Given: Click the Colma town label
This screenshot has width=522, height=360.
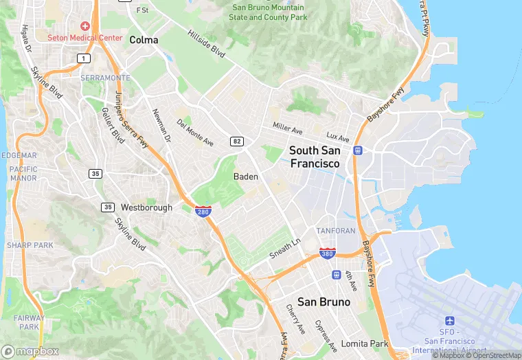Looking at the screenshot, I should pos(144,40).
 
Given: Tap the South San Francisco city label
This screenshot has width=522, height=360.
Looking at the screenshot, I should pos(315,157).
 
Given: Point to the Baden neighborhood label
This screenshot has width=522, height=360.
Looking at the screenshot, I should pos(246,177).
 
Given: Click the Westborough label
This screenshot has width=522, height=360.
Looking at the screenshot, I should pos(146,207).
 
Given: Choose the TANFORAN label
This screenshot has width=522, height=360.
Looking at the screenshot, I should pos(335,231).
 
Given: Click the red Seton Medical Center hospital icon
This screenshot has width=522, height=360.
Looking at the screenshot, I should pos(85,25).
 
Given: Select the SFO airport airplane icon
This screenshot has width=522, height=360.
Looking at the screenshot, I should pos(450,322).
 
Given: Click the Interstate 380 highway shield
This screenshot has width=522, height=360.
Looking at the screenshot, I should pos(328,254).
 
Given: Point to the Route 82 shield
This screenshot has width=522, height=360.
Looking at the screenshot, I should pos(236,141).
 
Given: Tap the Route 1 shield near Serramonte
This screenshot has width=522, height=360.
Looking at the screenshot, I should pos(83,59).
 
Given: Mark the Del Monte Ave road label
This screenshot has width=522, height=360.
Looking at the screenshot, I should pos(195,133).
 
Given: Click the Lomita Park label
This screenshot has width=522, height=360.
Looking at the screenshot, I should pos(365,344).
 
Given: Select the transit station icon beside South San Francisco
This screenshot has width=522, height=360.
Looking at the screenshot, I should pos(357,150).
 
